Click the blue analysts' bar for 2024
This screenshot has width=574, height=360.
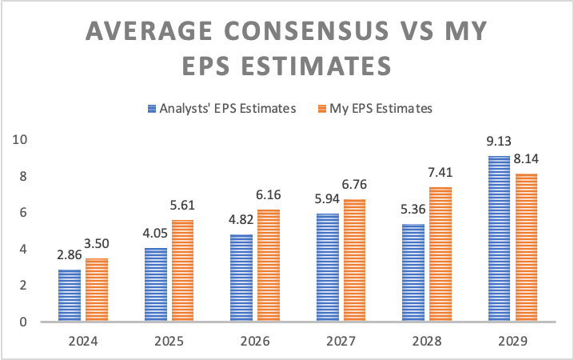coord(70,295)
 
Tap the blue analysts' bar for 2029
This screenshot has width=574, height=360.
coord(499,238)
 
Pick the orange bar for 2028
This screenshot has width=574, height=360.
coord(440,254)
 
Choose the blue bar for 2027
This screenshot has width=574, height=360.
coord(327,267)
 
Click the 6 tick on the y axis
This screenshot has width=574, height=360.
coord(24,212)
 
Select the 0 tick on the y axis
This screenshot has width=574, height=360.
coord(24,322)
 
